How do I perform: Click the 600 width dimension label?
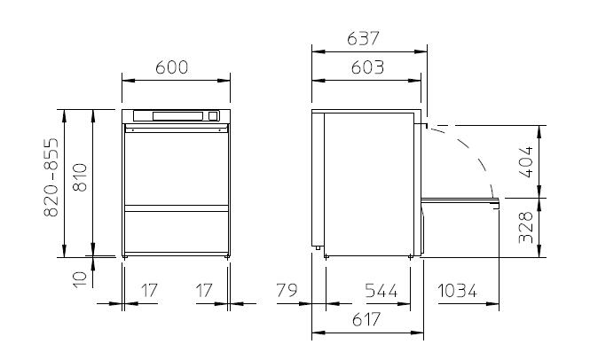pos(171,67)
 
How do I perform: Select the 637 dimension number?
pos(363,38)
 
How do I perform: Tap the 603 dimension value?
pos(367,67)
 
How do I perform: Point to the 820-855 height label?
pos(51,177)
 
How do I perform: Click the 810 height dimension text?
pos(80,177)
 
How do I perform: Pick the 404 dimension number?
pos(526,161)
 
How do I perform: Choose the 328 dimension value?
pos(526,227)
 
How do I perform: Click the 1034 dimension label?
pos(457,291)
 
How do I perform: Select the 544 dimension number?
pos(382,291)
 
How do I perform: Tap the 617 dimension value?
pos(366,319)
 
